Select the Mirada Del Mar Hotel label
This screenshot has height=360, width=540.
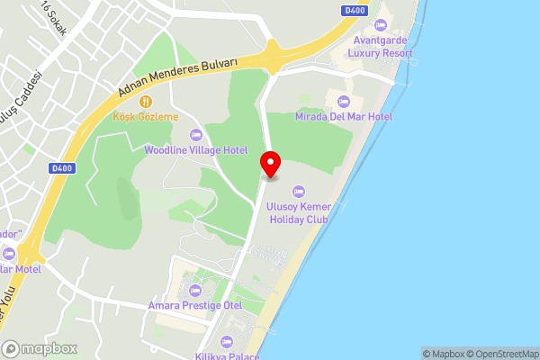tap(344, 117)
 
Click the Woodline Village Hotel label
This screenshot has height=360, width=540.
tap(196, 150)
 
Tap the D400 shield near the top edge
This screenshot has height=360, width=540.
tap(355, 10)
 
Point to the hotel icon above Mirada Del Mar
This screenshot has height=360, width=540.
tap(344, 99)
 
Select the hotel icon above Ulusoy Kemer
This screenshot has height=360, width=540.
tap(299, 190)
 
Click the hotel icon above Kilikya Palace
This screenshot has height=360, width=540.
tap(226, 341)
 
